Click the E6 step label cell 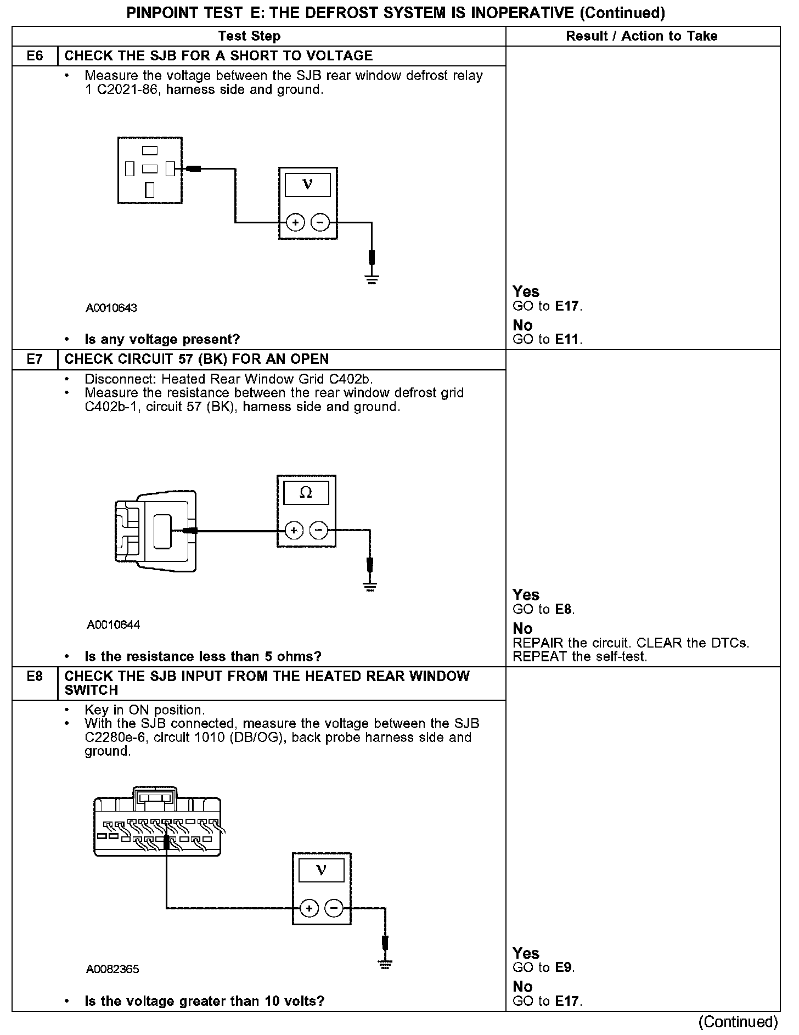pyautogui.click(x=35, y=56)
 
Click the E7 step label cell pyautogui.click(x=35, y=359)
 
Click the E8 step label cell pyautogui.click(x=35, y=677)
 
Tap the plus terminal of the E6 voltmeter pyautogui.click(x=295, y=222)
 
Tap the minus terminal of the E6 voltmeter pyautogui.click(x=320, y=222)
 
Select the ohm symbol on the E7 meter pyautogui.click(x=306, y=493)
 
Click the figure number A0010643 pyautogui.click(x=111, y=308)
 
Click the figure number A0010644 pyautogui.click(x=113, y=625)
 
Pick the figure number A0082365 pyautogui.click(x=112, y=969)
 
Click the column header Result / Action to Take pyautogui.click(x=642, y=36)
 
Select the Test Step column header pyautogui.click(x=249, y=36)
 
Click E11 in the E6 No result pyautogui.click(x=567, y=340)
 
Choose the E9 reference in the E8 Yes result pyautogui.click(x=564, y=968)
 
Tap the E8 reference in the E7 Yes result pyautogui.click(x=564, y=609)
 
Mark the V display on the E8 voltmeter pyautogui.click(x=321, y=870)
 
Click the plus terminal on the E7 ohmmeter pyautogui.click(x=294, y=530)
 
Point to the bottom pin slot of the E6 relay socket pyautogui.click(x=150, y=190)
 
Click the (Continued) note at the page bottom pyautogui.click(x=738, y=1022)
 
